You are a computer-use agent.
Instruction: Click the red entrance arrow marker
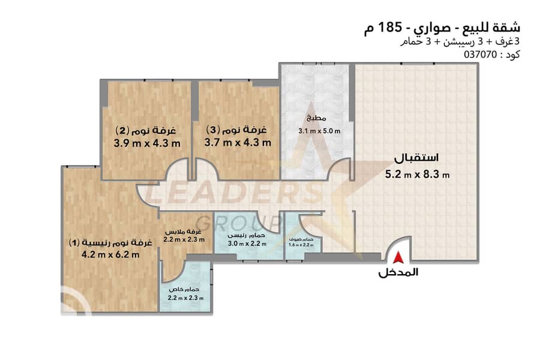398,257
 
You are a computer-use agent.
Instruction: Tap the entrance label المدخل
398,272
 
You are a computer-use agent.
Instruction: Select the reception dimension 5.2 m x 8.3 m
417,175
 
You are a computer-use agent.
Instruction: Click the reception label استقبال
416,158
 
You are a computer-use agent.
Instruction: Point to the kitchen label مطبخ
316,118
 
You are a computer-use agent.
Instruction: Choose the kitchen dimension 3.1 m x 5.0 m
319,131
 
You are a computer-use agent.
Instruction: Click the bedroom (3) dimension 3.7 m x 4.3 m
238,142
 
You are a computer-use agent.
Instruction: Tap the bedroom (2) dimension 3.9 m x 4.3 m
147,143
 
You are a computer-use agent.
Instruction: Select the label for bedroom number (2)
146,130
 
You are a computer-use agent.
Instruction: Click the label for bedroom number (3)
236,130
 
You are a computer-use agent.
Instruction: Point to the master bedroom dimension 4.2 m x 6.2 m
110,255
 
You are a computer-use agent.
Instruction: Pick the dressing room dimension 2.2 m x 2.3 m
184,239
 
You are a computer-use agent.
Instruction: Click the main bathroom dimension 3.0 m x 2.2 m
247,244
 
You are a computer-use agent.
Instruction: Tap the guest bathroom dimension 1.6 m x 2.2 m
301,245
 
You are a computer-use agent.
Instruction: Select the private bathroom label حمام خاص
184,289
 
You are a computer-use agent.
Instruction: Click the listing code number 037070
481,55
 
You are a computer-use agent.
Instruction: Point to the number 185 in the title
389,27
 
